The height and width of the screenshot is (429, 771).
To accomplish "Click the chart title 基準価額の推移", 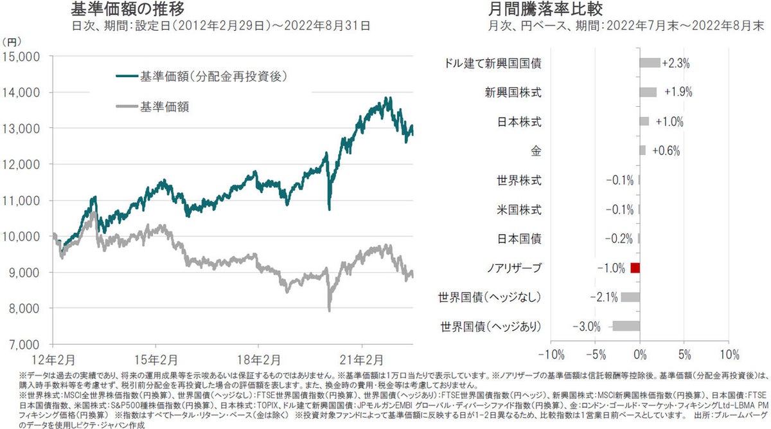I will point(128,9).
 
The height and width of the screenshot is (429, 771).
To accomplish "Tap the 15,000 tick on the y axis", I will point(22,57).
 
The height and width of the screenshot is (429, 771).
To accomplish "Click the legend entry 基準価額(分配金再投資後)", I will point(213,77).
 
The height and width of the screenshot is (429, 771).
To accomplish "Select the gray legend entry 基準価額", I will point(168,105).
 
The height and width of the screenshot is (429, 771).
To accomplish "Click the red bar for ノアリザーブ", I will point(635,268).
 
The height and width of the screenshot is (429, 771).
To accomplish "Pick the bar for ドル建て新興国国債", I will point(650,63).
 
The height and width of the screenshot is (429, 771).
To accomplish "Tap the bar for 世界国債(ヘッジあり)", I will point(626,326).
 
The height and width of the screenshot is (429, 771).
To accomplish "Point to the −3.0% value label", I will point(587,326).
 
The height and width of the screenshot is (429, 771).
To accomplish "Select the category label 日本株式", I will point(519,122).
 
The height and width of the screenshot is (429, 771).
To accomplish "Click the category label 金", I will point(535,151).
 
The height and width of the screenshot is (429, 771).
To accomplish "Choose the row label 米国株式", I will point(519,210).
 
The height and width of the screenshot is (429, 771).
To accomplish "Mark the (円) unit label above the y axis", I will point(12,42).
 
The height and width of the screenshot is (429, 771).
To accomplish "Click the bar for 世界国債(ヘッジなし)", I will point(630,297).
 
